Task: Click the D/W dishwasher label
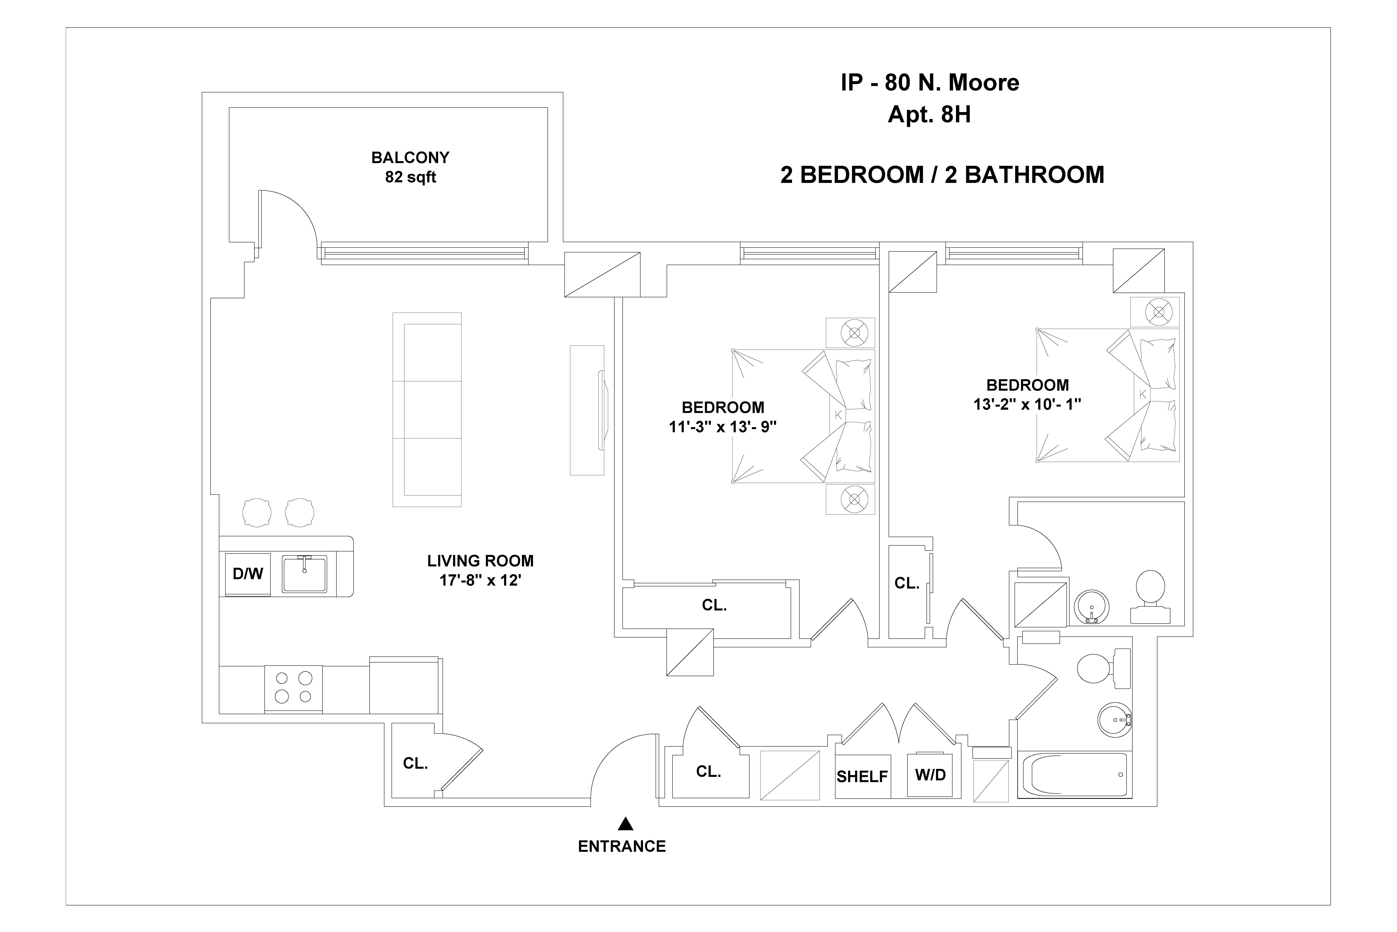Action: point(248,574)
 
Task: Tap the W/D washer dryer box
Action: point(930,775)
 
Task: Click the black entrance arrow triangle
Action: point(625,824)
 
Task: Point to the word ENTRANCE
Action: point(622,846)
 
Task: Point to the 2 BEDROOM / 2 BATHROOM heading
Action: point(942,175)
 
